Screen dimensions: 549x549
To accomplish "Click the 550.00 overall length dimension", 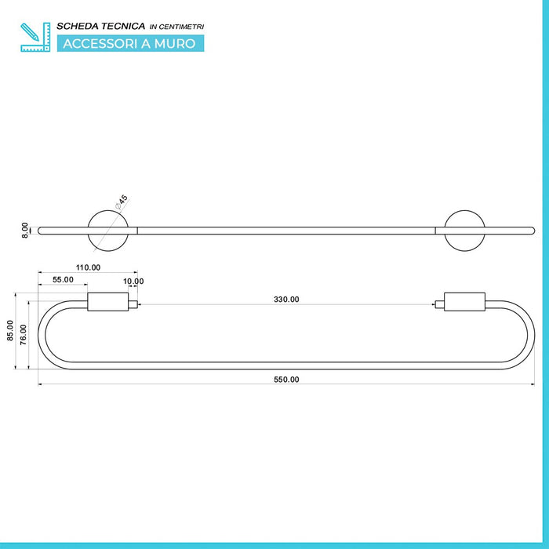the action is pyautogui.click(x=286, y=380).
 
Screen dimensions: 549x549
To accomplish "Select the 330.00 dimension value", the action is pyautogui.click(x=286, y=300).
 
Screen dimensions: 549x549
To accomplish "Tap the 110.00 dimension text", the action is pyautogui.click(x=88, y=267).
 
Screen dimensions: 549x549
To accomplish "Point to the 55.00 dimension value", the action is pyautogui.click(x=63, y=280).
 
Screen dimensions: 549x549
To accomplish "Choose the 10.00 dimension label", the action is pyautogui.click(x=133, y=281).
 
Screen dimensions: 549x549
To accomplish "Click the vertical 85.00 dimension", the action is pyautogui.click(x=9, y=330).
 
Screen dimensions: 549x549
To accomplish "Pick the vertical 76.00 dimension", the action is pyautogui.click(x=23, y=335).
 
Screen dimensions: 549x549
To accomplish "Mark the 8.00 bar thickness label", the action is pyautogui.click(x=24, y=231).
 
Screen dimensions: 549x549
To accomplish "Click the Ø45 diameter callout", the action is pyautogui.click(x=122, y=202).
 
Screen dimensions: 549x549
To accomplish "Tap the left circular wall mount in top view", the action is pyautogui.click(x=108, y=210).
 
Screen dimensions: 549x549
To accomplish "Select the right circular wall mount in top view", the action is pyautogui.click(x=464, y=210).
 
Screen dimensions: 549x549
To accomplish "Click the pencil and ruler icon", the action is pyautogui.click(x=35, y=37).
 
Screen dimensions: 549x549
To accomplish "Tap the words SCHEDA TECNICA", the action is pyautogui.click(x=101, y=26).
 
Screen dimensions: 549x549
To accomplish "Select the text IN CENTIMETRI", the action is pyautogui.click(x=176, y=27).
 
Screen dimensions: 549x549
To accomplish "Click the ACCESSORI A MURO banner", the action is pyautogui.click(x=131, y=43).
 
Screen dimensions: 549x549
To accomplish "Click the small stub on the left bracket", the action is pyautogui.click(x=133, y=304).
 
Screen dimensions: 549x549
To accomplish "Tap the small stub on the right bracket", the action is pyautogui.click(x=440, y=304).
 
